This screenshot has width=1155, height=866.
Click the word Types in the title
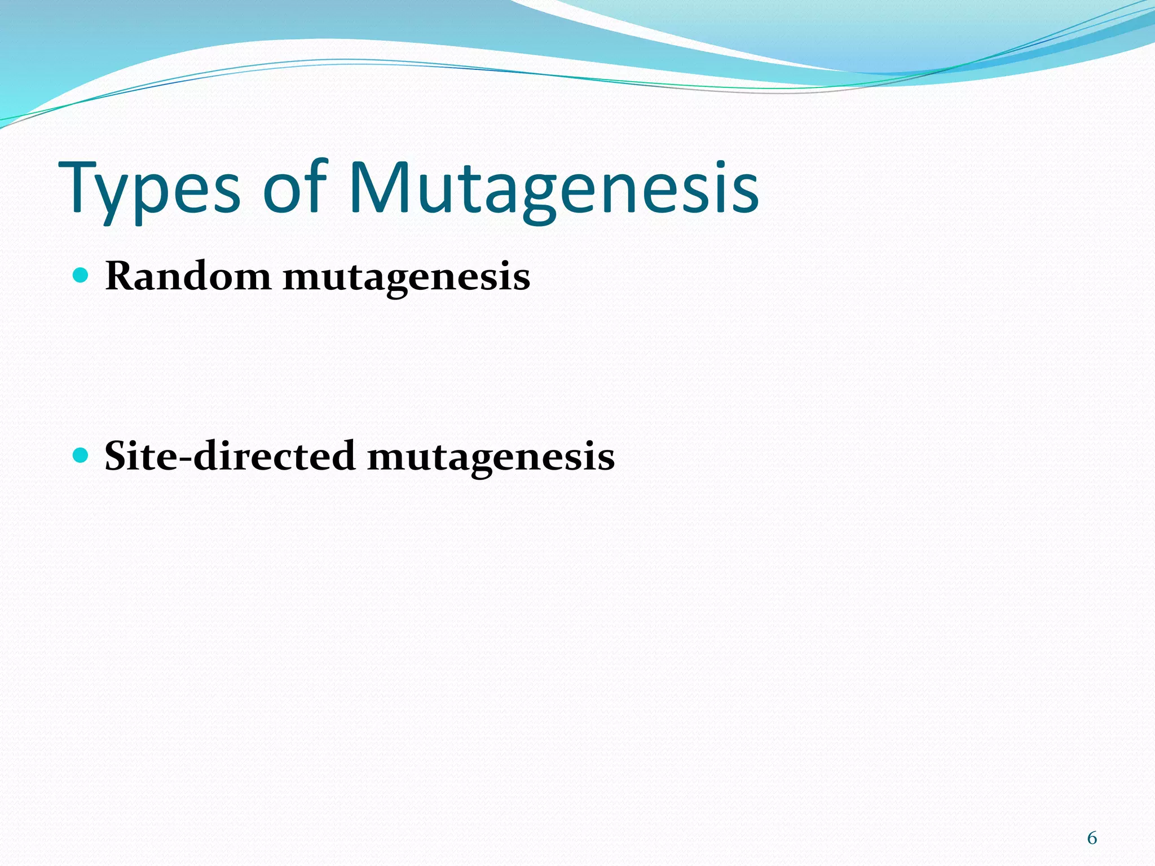[149, 189]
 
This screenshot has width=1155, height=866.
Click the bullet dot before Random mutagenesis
[82, 275]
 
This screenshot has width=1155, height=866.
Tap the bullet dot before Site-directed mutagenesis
[82, 454]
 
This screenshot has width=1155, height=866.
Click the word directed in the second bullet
[274, 456]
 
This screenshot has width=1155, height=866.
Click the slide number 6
[1092, 838]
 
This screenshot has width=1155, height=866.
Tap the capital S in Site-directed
[117, 456]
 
